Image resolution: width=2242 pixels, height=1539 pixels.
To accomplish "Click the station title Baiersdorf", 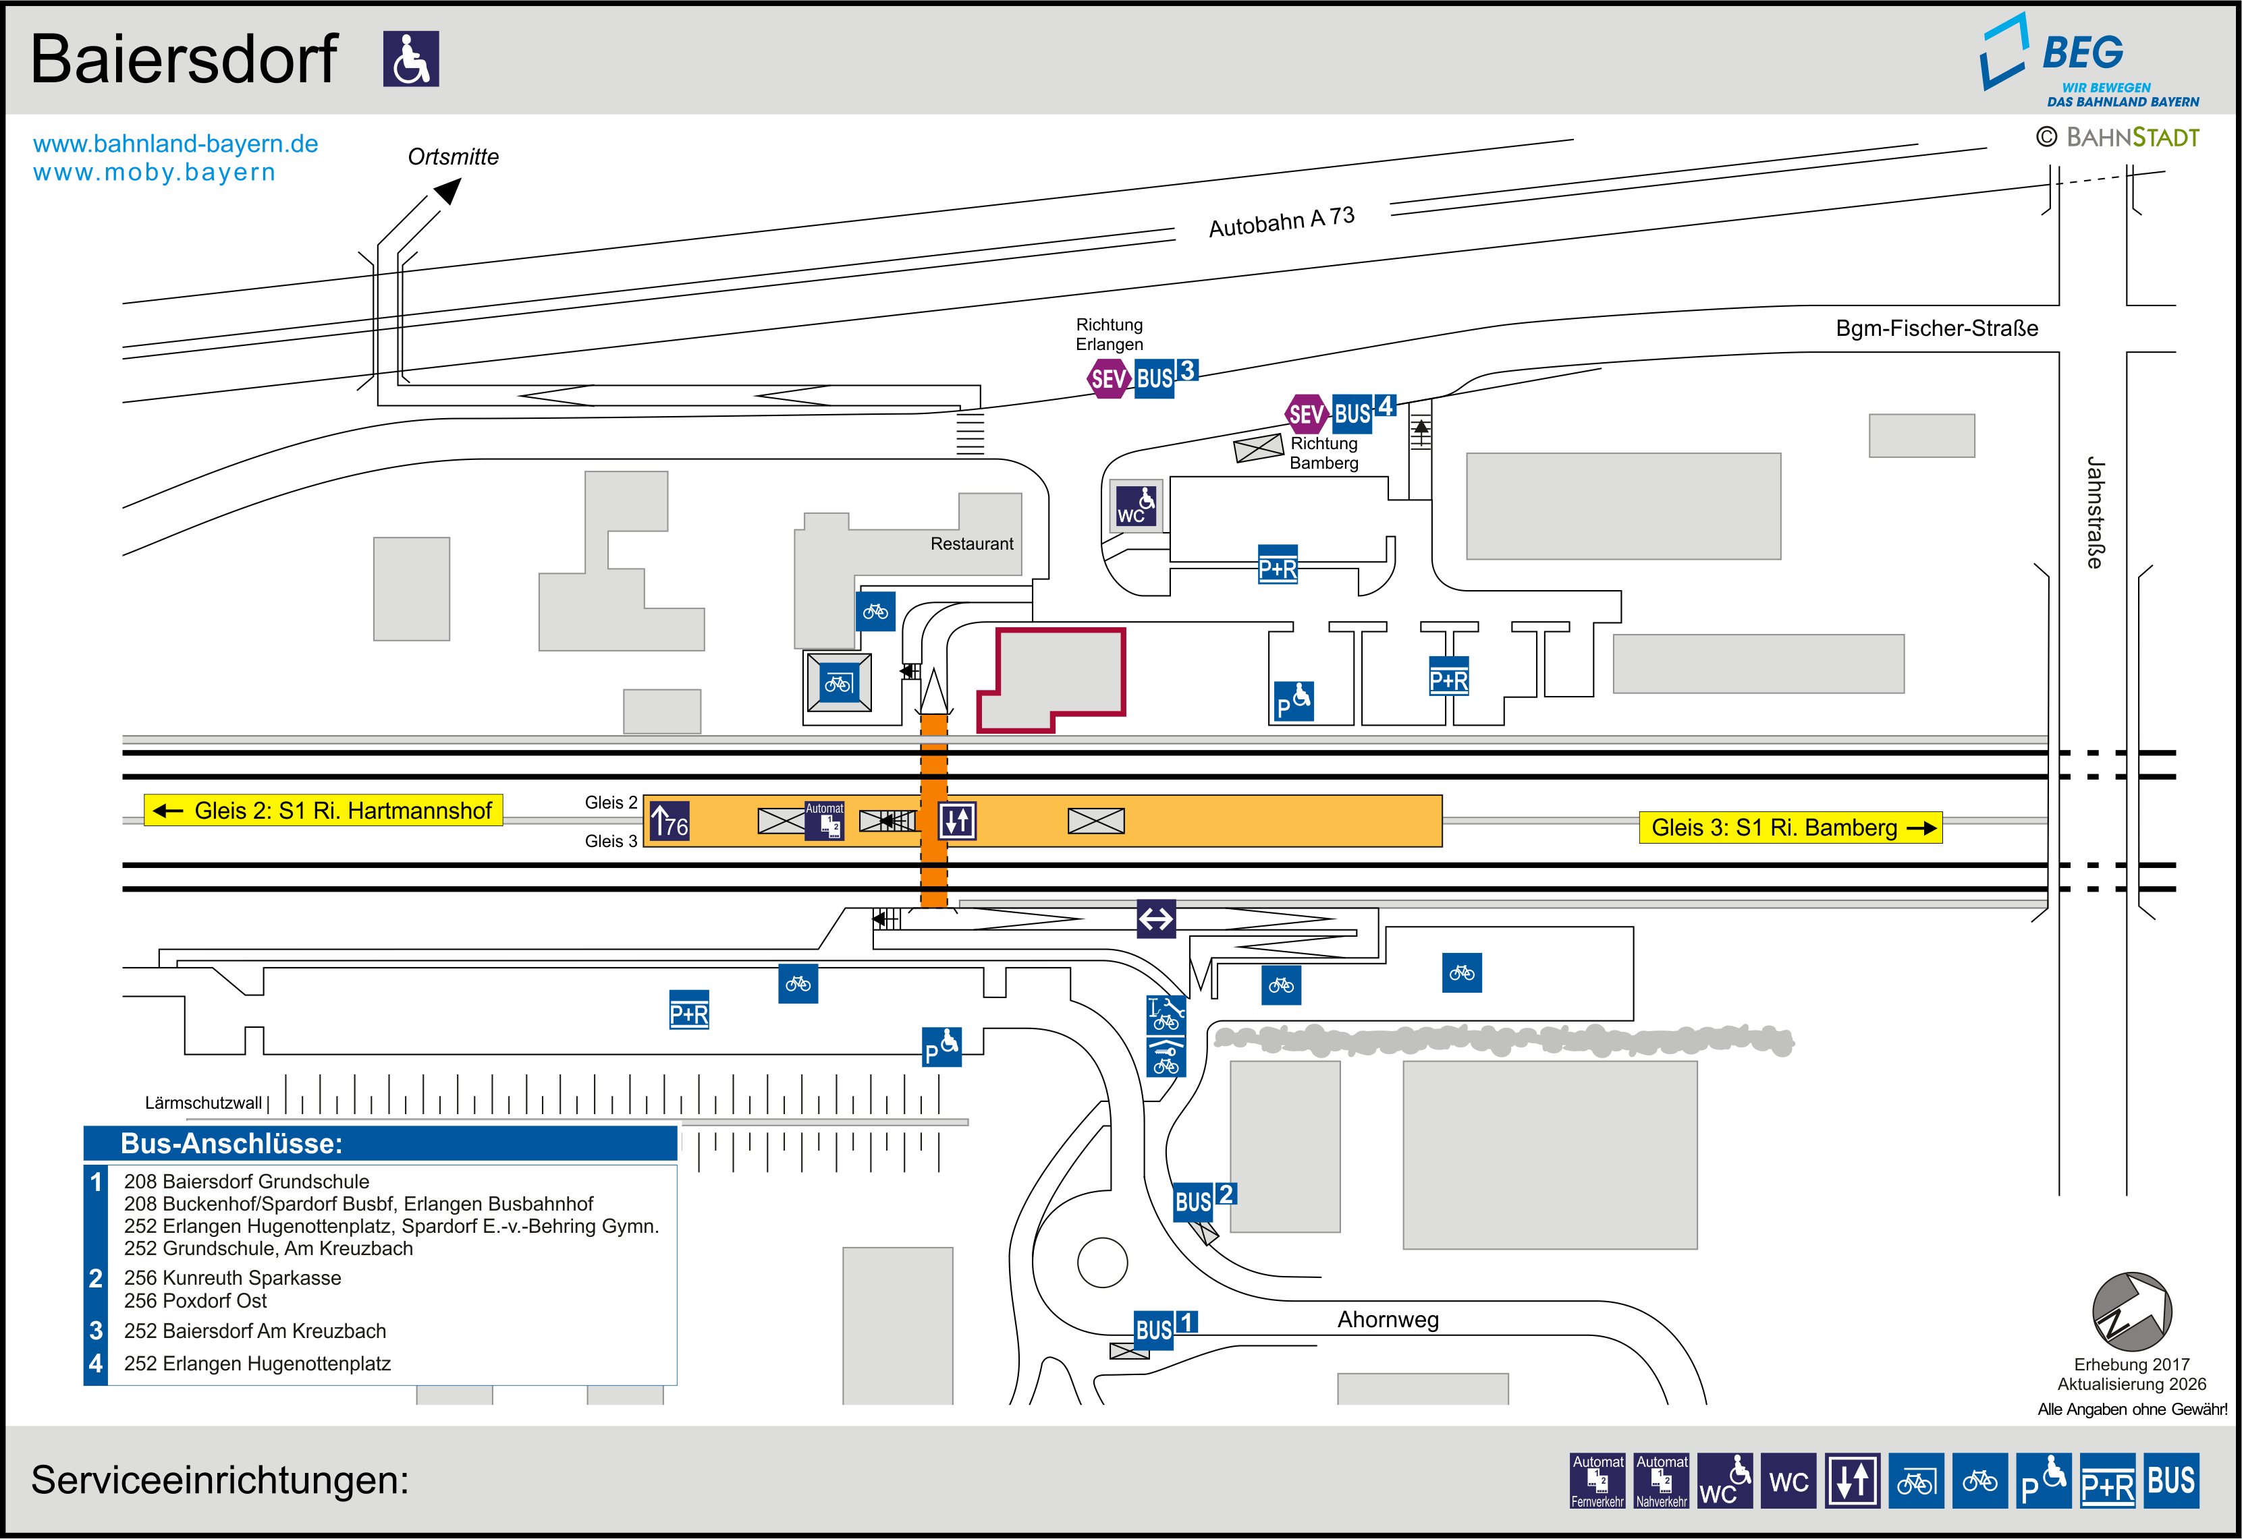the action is click(184, 60).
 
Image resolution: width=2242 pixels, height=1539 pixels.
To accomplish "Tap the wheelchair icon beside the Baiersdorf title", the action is click(411, 59).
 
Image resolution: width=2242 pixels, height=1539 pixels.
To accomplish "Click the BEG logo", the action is click(2089, 60).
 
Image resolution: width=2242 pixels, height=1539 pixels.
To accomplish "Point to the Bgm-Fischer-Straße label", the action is click(1937, 329).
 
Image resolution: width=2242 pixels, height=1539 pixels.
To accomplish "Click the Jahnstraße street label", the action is click(2094, 513).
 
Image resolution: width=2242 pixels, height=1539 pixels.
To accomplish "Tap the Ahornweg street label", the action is click(1388, 1320).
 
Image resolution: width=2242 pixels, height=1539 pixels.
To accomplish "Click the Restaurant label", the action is click(971, 544).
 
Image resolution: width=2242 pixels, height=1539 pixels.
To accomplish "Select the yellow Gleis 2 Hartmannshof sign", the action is click(323, 810).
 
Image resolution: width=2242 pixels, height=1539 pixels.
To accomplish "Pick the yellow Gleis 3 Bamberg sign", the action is click(1790, 827).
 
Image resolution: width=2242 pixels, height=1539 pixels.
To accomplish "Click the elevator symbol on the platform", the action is click(957, 821).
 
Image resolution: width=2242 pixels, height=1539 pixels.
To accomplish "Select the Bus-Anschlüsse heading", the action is click(231, 1144).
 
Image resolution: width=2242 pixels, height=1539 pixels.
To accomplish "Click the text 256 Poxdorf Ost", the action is click(195, 1301).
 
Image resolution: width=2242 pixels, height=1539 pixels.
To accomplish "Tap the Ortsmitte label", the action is click(454, 157).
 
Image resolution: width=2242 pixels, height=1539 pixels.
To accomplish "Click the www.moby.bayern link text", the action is click(155, 173).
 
